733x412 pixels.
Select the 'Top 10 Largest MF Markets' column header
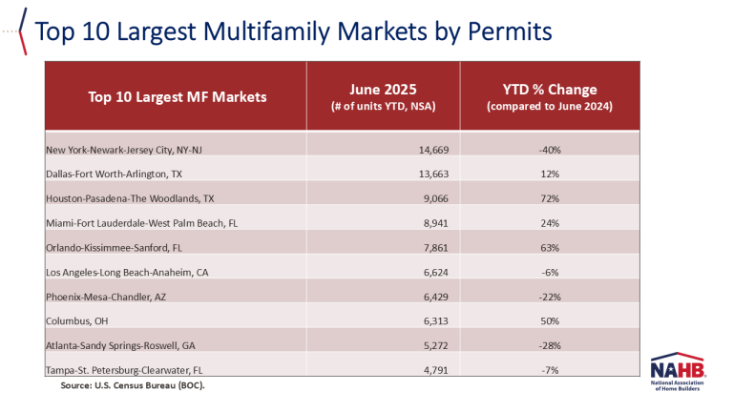tap(177, 96)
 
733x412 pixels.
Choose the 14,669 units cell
tap(416, 151)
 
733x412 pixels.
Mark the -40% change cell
tap(549, 151)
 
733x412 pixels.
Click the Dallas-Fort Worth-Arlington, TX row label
tap(119, 175)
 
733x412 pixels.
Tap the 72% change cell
tap(549, 199)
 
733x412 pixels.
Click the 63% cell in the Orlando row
tap(549, 248)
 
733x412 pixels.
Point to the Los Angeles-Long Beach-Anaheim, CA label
tap(128, 272)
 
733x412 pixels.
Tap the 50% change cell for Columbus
tap(549, 320)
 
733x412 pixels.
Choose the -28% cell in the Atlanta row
tap(549, 345)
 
